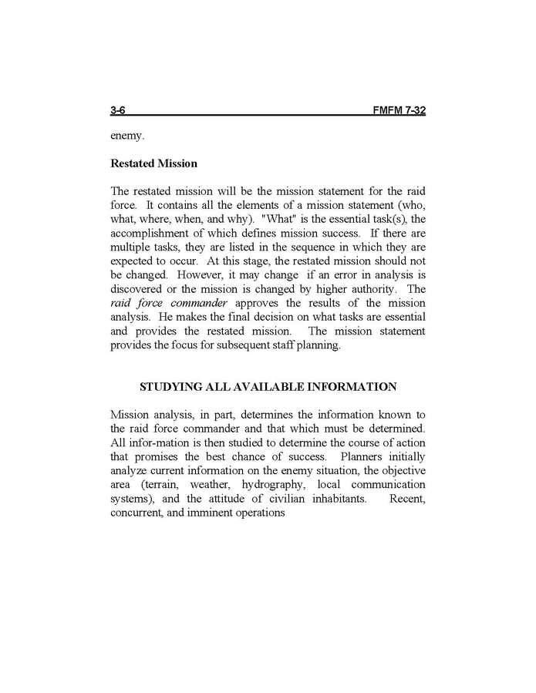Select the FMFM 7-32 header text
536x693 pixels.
tap(399, 111)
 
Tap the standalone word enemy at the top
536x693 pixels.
tap(127, 137)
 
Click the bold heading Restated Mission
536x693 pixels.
tap(153, 163)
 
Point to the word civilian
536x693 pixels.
tap(267, 499)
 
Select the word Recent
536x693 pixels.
tap(407, 499)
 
